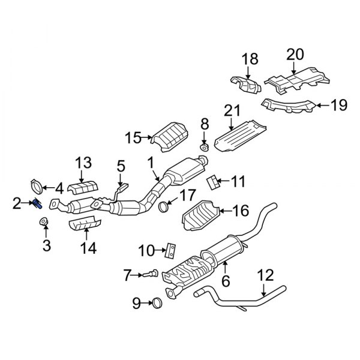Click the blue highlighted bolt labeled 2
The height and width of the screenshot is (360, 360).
click(37, 204)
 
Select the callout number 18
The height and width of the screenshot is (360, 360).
click(250, 58)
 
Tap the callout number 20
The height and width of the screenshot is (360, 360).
click(295, 54)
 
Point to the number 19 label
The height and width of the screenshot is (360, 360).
click(339, 106)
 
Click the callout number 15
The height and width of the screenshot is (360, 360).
click(133, 139)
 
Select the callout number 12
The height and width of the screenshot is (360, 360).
click(264, 275)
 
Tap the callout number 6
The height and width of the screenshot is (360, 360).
click(225, 279)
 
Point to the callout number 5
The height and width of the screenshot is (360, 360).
click(121, 164)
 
